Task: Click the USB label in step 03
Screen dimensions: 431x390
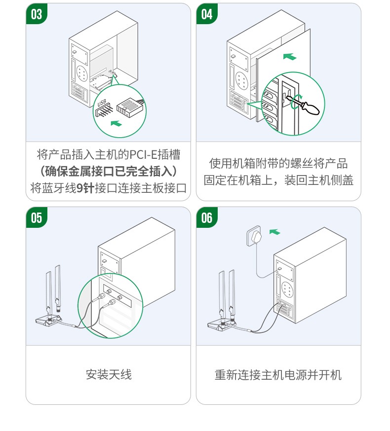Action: pos(102,103)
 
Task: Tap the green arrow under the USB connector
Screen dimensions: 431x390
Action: pos(116,123)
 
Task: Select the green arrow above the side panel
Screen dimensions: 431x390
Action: pos(290,57)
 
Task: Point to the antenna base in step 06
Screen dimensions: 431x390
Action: pos(220,324)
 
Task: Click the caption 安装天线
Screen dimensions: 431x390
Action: pos(109,375)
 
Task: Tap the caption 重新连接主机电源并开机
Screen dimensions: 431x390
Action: pos(278,375)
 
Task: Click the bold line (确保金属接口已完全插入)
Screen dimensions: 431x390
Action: pos(108,172)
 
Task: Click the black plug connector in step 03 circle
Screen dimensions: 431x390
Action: pos(129,106)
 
